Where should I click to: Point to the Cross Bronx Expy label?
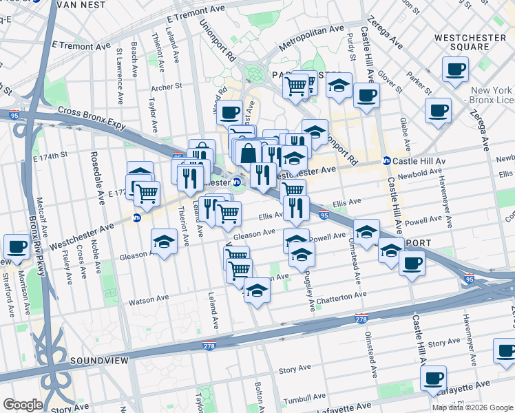point(93,114)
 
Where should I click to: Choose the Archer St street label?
point(166,87)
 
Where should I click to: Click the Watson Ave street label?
point(149,301)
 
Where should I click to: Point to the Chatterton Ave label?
point(342,295)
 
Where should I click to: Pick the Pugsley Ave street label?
point(310,288)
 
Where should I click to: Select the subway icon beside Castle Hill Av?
point(387,160)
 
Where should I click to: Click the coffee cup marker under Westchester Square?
point(455,70)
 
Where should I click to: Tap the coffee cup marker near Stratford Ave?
point(16,246)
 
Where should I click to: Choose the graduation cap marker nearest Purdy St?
point(338,86)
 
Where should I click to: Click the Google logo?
point(23,405)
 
